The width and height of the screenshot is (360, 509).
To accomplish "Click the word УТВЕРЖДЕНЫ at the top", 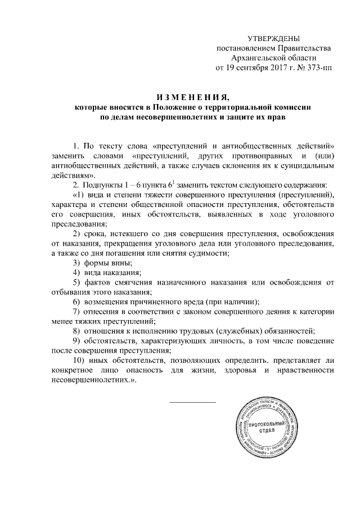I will click(x=274, y=38).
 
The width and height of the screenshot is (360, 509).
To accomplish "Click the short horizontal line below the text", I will click(x=192, y=402).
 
